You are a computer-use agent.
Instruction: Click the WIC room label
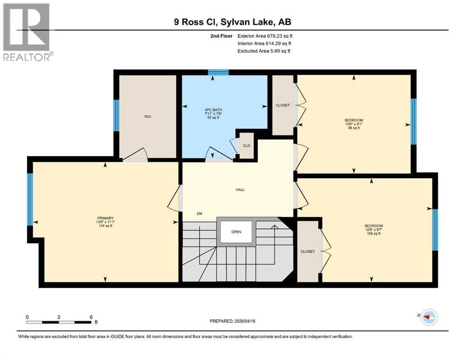pyautogui.click(x=148, y=116)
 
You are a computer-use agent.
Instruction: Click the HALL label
pyautogui.click(x=240, y=190)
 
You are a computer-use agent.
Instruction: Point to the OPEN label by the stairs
pyautogui.click(x=236, y=232)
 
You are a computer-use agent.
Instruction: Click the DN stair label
pyautogui.click(x=199, y=214)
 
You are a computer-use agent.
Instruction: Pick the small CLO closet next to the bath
pyautogui.click(x=246, y=146)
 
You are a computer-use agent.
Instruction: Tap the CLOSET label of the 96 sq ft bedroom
pyautogui.click(x=283, y=105)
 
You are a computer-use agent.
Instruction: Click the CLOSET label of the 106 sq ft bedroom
pyautogui.click(x=308, y=252)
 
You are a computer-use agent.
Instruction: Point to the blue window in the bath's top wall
pyautogui.click(x=218, y=72)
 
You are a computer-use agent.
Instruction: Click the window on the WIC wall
pyautogui.click(x=116, y=115)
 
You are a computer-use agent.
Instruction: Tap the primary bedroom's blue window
pyautogui.click(x=30, y=199)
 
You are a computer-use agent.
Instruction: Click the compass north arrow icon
pyautogui.click(x=428, y=317)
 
